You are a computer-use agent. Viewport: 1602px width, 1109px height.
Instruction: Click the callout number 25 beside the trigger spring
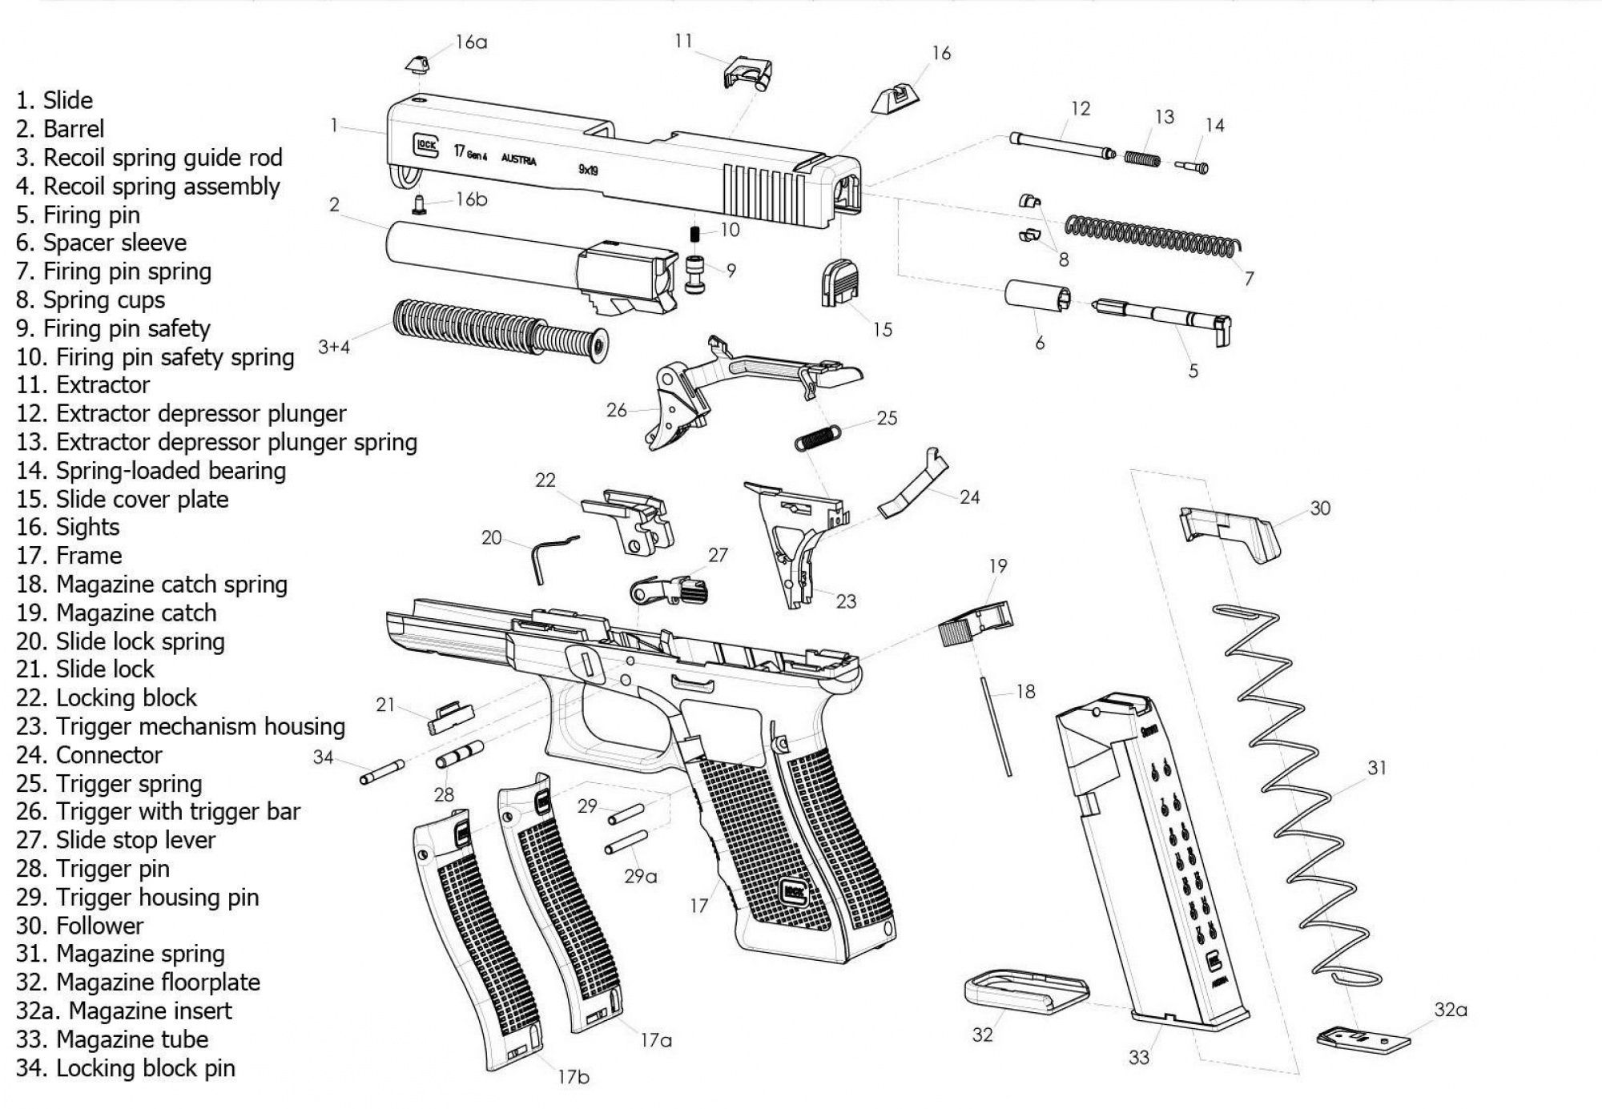pos(887,418)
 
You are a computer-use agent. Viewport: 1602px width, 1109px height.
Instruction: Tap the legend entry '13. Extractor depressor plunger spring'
pos(216,442)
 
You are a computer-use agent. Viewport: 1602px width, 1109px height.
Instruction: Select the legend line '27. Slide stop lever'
pos(116,840)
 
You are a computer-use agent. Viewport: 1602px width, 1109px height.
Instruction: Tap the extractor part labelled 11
pos(747,73)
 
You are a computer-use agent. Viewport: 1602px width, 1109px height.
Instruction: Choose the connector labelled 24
pos(914,487)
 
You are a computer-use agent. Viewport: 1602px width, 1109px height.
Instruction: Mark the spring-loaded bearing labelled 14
pos(1193,166)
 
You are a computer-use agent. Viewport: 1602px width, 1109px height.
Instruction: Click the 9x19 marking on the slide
pos(589,170)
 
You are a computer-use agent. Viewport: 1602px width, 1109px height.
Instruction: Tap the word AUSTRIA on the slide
pos(519,159)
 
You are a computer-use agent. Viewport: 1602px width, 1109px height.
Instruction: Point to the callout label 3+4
pos(334,347)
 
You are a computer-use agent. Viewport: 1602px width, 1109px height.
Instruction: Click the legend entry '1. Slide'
pos(54,101)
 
